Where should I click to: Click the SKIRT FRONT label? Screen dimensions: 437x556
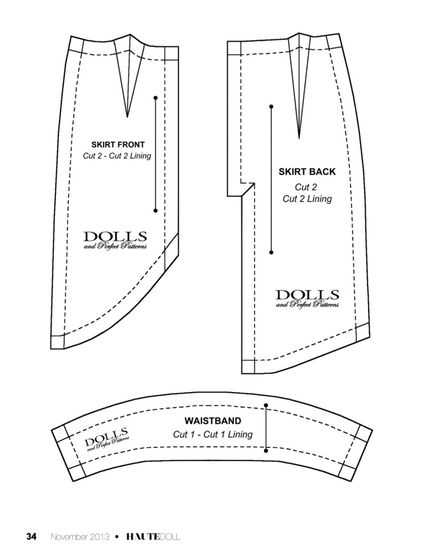(118, 145)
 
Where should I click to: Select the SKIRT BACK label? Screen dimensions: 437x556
(307, 172)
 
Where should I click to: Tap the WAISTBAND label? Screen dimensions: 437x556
(213, 421)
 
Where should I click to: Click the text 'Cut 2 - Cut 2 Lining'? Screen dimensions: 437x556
(117, 156)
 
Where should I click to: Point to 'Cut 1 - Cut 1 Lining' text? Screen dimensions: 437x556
(213, 434)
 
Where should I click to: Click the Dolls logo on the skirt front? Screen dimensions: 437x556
(115, 240)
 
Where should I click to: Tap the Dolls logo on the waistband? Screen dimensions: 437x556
(106, 439)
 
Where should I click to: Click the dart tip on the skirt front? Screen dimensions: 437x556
(127, 117)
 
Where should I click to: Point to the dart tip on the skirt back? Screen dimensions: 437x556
(299, 138)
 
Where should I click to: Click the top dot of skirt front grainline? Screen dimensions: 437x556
(155, 97)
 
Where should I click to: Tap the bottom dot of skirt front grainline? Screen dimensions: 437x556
(155, 211)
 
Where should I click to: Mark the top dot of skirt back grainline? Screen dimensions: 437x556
(271, 106)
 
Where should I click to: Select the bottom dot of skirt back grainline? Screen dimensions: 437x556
(271, 253)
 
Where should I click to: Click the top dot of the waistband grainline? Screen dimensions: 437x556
(266, 405)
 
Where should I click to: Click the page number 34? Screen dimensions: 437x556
(31, 537)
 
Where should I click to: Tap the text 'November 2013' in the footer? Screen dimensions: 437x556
(80, 537)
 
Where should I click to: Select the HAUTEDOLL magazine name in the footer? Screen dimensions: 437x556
(153, 537)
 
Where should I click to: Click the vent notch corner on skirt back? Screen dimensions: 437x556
(254, 183)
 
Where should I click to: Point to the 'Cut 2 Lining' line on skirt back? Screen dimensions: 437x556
(307, 199)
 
